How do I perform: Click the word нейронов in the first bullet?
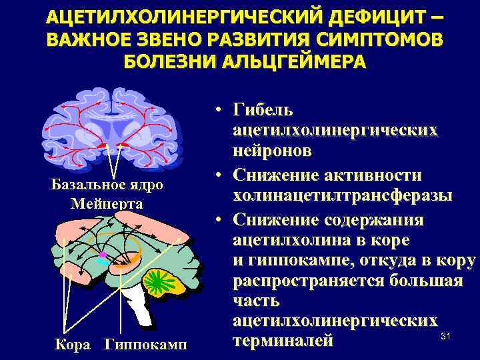pos(272,151)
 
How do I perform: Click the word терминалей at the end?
pos(282,342)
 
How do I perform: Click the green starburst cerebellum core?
pos(159,279)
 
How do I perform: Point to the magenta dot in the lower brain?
pos(102,256)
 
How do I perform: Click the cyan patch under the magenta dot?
pos(103,263)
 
